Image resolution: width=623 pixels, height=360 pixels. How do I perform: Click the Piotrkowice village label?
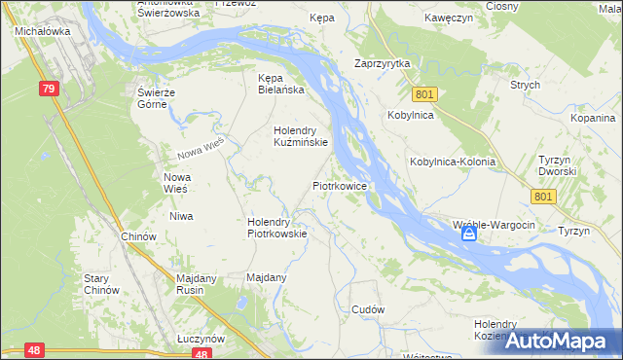339,184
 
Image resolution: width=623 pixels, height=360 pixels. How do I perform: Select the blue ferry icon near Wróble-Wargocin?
469,234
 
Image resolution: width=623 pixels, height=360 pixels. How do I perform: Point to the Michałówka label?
39,31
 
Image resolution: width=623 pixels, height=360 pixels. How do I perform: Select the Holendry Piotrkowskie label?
277,227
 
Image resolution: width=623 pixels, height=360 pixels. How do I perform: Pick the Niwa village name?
180,216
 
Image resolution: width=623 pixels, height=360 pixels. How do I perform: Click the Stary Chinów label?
101,284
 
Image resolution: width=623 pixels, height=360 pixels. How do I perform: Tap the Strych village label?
525,85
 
